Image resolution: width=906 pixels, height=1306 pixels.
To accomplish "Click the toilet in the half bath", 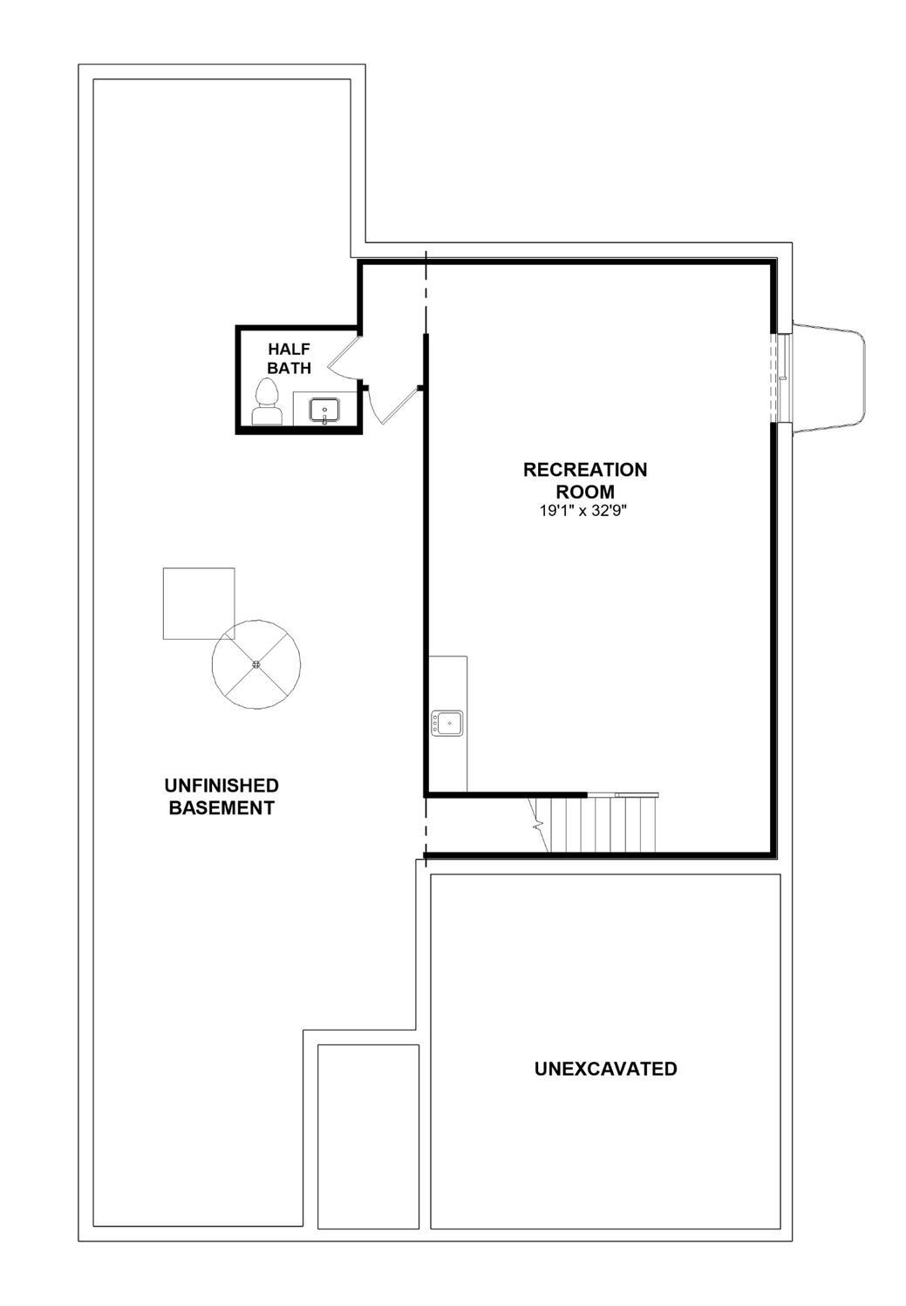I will coord(267,404).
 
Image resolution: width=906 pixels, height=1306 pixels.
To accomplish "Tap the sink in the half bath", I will coord(325,409).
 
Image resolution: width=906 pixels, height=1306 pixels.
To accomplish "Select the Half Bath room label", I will coord(289,358).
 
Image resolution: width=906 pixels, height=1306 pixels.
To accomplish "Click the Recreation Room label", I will coord(585,480).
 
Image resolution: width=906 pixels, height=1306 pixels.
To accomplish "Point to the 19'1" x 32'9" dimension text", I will coord(583,511).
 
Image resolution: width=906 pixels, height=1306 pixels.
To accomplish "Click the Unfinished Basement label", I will coord(221,796).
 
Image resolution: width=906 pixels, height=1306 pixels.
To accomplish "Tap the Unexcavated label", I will coord(605,1068).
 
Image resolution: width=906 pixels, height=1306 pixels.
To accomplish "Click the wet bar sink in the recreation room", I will coord(447,723).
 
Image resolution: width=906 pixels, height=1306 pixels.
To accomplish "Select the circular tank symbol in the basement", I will coord(256,664).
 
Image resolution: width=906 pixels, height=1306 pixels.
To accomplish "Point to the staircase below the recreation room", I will coord(601,824).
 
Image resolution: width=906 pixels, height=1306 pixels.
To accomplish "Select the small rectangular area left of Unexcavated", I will coord(368,1135).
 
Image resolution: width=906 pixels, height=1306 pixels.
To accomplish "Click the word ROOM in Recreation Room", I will coord(585,491).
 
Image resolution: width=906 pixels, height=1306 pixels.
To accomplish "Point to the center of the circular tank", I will coord(256,664).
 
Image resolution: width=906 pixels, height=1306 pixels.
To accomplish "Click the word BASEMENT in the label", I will coord(221,807).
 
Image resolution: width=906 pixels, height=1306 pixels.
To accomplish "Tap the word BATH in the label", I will coord(289,368).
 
